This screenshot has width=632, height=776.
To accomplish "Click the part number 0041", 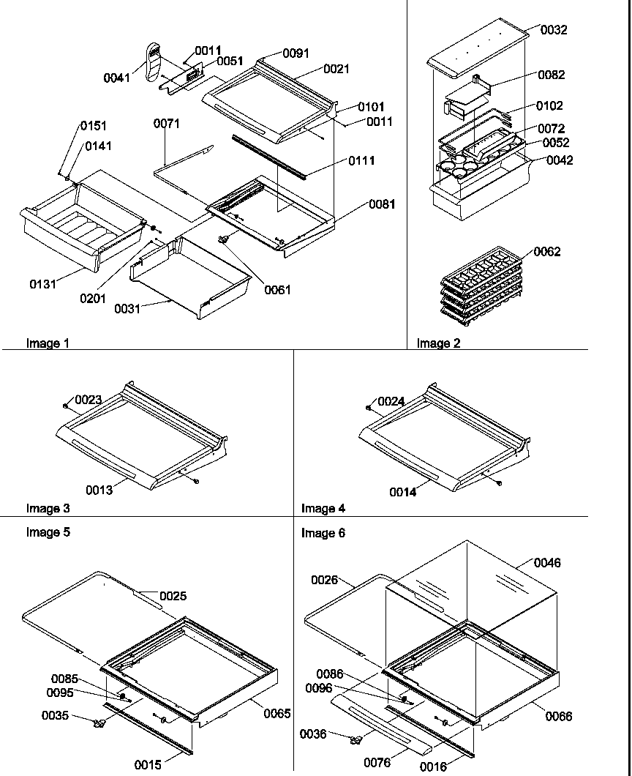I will click(x=117, y=77).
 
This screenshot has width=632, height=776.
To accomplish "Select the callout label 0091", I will click(x=296, y=53).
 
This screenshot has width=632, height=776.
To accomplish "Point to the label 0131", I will click(x=42, y=284).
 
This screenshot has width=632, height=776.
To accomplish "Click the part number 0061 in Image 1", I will click(x=277, y=290).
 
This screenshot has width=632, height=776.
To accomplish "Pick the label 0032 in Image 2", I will click(x=554, y=30).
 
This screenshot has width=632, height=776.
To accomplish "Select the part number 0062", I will click(x=547, y=252).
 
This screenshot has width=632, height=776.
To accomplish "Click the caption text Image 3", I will click(x=48, y=508).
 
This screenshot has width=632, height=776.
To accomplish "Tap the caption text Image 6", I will click(x=323, y=534).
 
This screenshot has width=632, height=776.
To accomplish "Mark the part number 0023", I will click(x=87, y=400).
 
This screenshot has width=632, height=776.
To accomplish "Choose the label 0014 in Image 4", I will click(x=402, y=493).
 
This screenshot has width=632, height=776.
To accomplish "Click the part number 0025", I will click(x=173, y=596).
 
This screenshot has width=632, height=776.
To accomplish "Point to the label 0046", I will click(x=547, y=563).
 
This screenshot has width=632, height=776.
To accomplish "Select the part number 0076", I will click(x=377, y=763).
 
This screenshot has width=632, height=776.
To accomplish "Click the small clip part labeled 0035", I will click(x=99, y=723).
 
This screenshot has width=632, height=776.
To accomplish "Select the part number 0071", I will click(x=167, y=124).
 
